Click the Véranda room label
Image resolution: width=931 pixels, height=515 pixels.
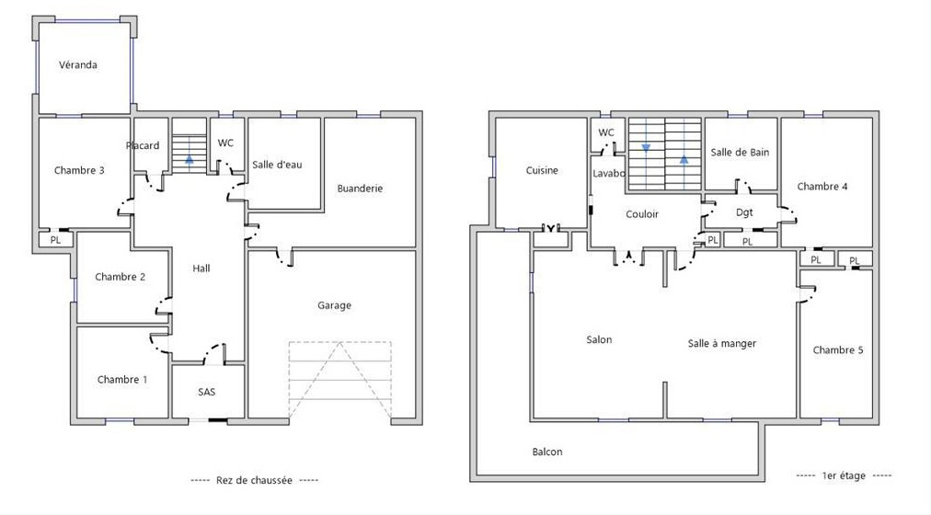78,64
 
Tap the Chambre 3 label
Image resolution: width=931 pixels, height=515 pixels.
79,170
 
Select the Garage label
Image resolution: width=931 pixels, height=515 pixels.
334,305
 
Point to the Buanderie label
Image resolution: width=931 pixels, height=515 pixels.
360,189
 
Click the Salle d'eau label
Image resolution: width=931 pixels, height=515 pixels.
277,165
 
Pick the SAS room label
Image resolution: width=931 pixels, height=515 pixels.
207,392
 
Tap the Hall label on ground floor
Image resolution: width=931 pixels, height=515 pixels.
201,269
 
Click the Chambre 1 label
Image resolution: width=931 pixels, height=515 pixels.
122,379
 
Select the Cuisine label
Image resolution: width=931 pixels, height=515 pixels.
542,170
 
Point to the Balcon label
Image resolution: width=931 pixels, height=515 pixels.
546,452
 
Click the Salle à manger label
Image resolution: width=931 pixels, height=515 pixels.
722,343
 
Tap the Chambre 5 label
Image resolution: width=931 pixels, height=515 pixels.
838,350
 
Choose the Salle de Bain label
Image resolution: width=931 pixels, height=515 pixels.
740,152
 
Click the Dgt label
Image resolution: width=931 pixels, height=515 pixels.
744,212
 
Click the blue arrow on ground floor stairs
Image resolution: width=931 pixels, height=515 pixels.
190,159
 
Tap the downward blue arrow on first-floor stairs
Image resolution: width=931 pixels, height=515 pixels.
646,147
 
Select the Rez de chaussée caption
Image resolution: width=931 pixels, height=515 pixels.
254,480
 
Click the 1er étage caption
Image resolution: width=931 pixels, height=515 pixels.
844,475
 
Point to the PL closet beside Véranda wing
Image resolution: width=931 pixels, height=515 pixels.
55,240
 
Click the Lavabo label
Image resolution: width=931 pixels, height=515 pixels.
609,173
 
